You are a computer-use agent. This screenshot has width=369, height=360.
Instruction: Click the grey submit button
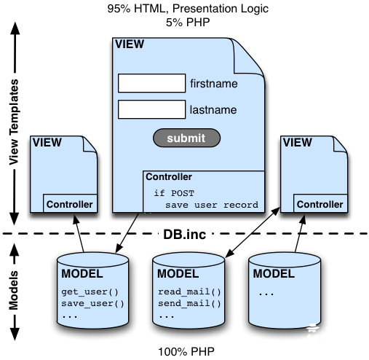tap(186, 138)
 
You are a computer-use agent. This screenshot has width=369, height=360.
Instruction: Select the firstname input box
tap(152, 83)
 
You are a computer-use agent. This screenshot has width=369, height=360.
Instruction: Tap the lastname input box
tap(152, 109)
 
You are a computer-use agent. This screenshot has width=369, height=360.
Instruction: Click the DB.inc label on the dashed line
tap(185, 235)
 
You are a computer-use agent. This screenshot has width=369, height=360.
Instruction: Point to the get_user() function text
tap(90, 291)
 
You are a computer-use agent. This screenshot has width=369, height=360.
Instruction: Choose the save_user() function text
tap(92, 304)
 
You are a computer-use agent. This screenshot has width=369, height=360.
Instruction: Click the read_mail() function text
tap(189, 291)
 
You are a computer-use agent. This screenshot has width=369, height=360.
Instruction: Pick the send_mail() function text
tap(189, 304)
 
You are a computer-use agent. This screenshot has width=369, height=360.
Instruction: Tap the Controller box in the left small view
tap(70, 203)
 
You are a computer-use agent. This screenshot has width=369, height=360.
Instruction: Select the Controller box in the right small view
tap(320, 203)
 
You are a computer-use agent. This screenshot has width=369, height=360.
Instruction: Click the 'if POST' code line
tap(174, 193)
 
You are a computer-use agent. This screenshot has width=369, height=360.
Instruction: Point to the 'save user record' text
tap(212, 206)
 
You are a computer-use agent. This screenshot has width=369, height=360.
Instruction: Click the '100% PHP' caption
tap(186, 352)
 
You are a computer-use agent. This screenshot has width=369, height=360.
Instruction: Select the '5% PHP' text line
tap(188, 23)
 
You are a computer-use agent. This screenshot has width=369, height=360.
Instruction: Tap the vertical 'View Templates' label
tap(14, 122)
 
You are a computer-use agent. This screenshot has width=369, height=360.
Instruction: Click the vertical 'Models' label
tap(14, 290)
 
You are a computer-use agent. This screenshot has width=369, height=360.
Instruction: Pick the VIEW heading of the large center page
tap(130, 44)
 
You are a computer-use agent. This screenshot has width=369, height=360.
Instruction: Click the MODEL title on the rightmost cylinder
tap(274, 274)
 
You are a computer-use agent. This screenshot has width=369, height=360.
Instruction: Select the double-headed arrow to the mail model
tap(253, 232)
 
